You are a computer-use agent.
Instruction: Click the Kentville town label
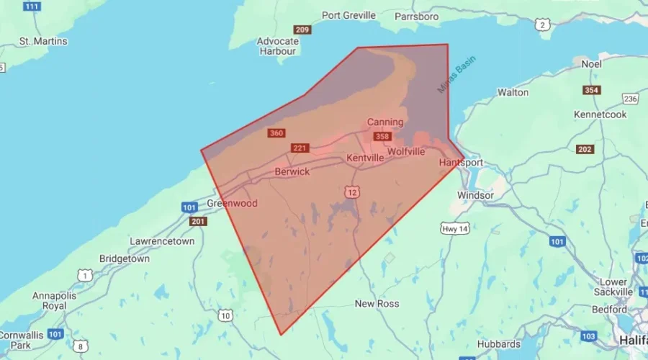pyautogui.click(x=365, y=158)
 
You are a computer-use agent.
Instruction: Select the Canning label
pyautogui.click(x=385, y=122)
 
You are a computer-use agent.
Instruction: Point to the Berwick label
pyautogui.click(x=292, y=172)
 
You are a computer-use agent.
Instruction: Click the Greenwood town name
pyautogui.click(x=232, y=204)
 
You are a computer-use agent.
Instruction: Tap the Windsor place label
pyautogui.click(x=475, y=195)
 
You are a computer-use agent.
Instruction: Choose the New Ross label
pyautogui.click(x=377, y=304)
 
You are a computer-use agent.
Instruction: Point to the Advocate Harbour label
pyautogui.click(x=278, y=46)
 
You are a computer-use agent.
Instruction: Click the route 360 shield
pyautogui.click(x=276, y=133)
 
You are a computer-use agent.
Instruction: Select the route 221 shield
pyautogui.click(x=301, y=148)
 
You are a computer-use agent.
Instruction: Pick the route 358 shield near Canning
pyautogui.click(x=382, y=137)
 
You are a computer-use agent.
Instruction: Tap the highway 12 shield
pyautogui.click(x=351, y=192)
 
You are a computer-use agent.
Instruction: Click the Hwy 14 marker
pyautogui.click(x=454, y=228)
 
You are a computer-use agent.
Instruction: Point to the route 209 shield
pyautogui.click(x=302, y=30)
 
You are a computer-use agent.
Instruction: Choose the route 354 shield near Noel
pyautogui.click(x=592, y=90)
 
